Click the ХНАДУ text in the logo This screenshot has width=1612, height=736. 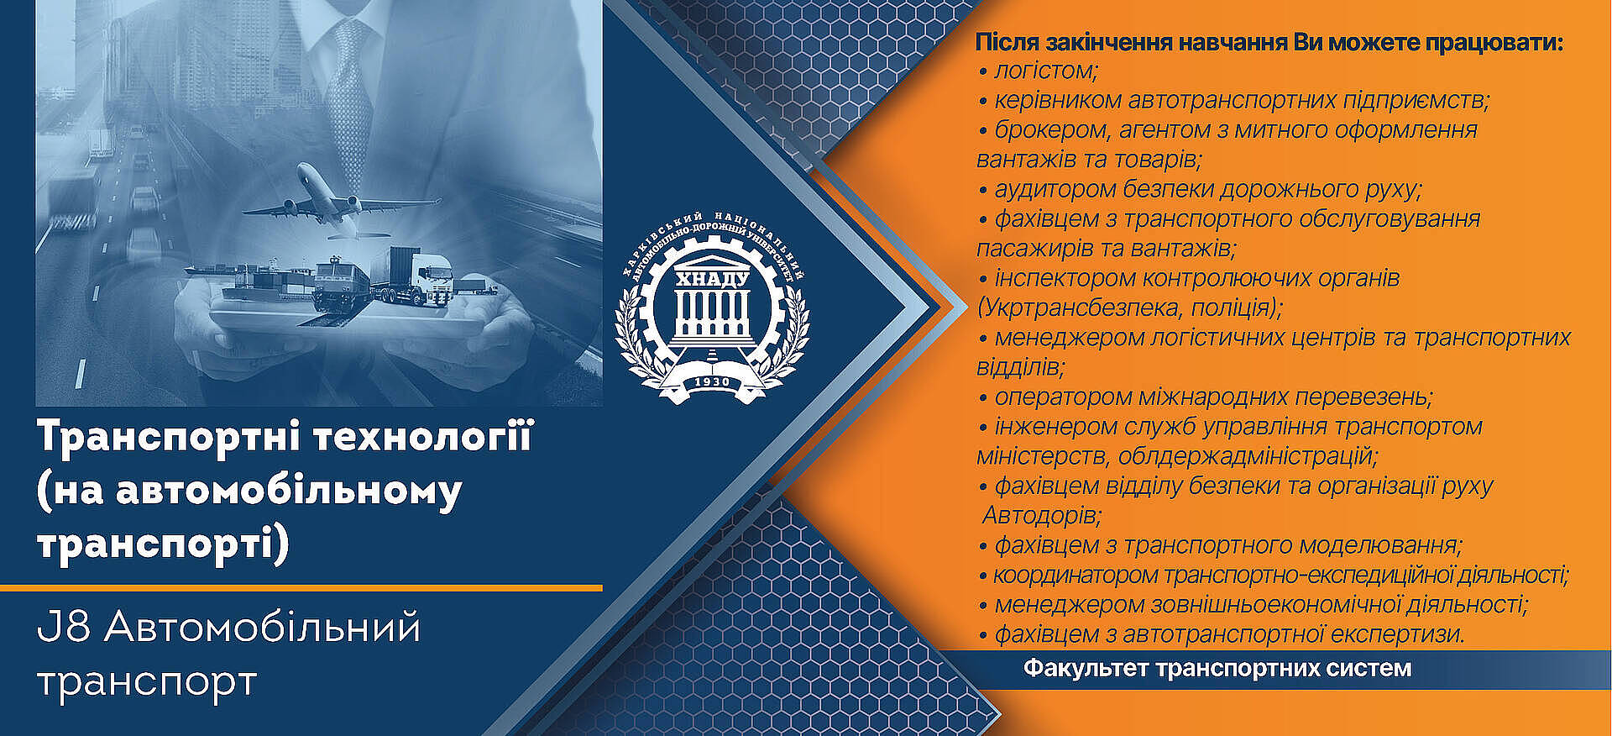(713, 278)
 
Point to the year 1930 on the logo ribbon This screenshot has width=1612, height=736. (712, 382)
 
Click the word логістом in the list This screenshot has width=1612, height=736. (1046, 71)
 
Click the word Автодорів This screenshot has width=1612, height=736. (1041, 514)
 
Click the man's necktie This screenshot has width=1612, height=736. (348, 92)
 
